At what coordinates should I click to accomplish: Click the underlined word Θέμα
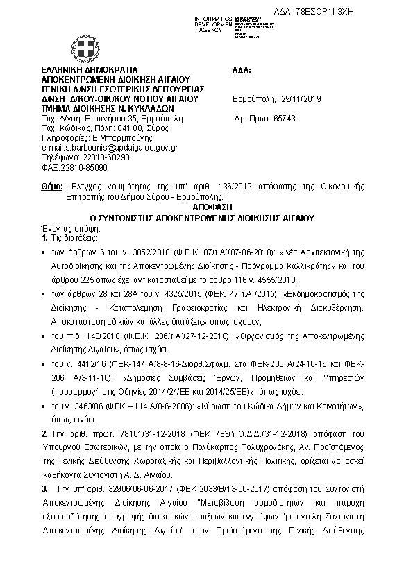(51, 187)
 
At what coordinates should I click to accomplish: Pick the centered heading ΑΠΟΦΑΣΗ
(208, 207)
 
